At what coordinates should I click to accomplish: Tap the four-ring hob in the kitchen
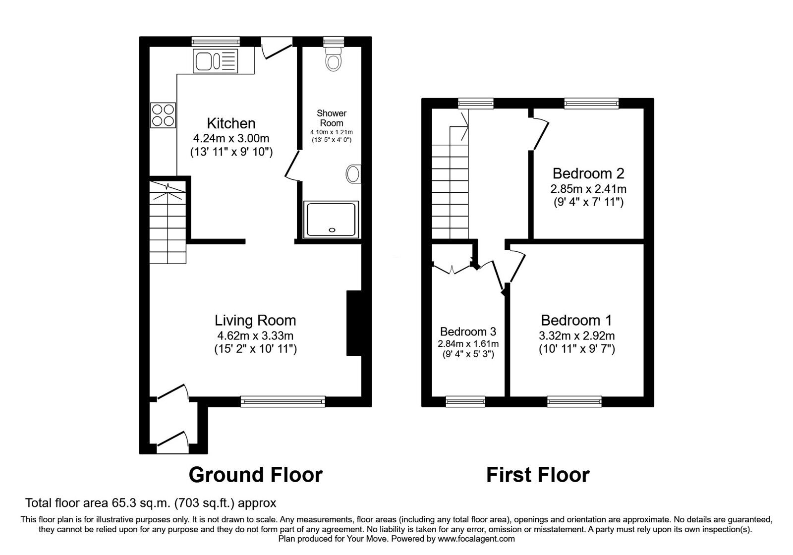pos(163,114)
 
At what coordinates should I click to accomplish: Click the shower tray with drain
pos(332,220)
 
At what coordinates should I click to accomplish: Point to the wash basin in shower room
pos(353,174)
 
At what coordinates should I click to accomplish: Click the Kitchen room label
pos(231,123)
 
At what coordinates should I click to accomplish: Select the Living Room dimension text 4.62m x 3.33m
pos(255,335)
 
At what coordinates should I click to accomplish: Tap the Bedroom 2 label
pos(588,173)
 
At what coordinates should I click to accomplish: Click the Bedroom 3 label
pos(468,331)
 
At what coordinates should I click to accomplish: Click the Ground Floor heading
pos(255,474)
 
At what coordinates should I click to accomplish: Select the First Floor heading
pos(538,474)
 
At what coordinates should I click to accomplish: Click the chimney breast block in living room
pos(353,323)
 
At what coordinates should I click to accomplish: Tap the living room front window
pos(283,401)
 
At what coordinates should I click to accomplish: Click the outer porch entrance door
pos(172,440)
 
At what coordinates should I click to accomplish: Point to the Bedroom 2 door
pos(541,133)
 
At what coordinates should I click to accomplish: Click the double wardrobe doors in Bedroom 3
pos(452,269)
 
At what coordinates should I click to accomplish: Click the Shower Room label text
pos(332,118)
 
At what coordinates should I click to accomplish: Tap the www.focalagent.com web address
pos(476,538)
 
